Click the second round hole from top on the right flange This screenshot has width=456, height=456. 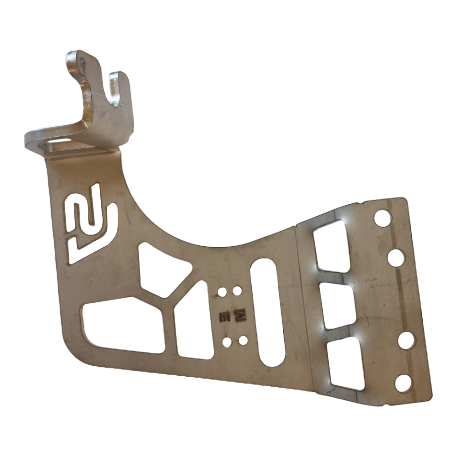tap(396, 258)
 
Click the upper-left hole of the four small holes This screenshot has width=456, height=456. tap(222, 292)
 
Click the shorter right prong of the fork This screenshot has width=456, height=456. tap(119, 93)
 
